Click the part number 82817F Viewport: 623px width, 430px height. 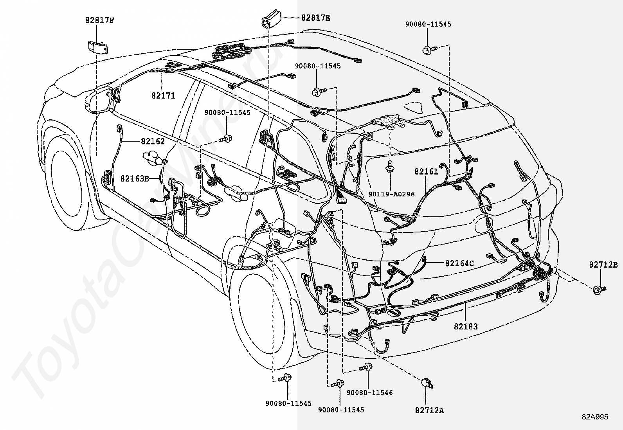[100, 20]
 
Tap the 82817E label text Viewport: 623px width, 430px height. [315, 18]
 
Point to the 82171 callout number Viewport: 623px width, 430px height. [163, 95]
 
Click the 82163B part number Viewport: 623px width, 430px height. [135, 178]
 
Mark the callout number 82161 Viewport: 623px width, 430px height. [426, 171]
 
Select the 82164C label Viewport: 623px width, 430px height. [459, 263]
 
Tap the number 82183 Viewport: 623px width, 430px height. [466, 326]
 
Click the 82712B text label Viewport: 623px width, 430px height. [603, 265]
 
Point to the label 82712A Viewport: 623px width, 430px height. [430, 410]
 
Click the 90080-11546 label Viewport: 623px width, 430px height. [369, 392]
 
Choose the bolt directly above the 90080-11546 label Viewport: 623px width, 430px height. [367, 367]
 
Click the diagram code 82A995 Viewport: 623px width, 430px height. [594, 417]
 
